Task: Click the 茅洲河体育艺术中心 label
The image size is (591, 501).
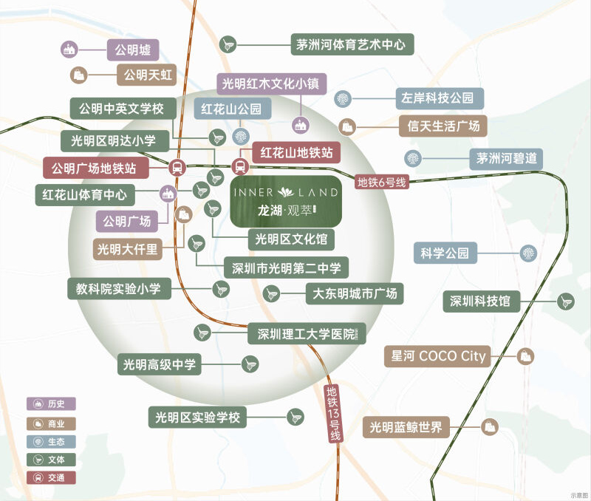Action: click(351, 44)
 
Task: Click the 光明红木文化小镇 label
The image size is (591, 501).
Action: click(271, 84)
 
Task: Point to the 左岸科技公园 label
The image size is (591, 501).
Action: click(437, 98)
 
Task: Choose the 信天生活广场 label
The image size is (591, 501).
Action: click(443, 126)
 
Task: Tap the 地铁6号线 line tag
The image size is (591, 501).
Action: click(382, 181)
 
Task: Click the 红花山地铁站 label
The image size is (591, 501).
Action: click(296, 153)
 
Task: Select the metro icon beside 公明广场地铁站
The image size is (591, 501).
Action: click(177, 166)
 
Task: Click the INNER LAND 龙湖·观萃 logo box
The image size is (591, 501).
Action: click(285, 200)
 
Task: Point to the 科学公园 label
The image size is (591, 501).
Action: click(445, 253)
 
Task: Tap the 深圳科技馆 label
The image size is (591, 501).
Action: click(479, 301)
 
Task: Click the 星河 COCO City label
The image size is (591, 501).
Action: click(438, 356)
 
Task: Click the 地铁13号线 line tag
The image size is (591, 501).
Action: click(334, 414)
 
